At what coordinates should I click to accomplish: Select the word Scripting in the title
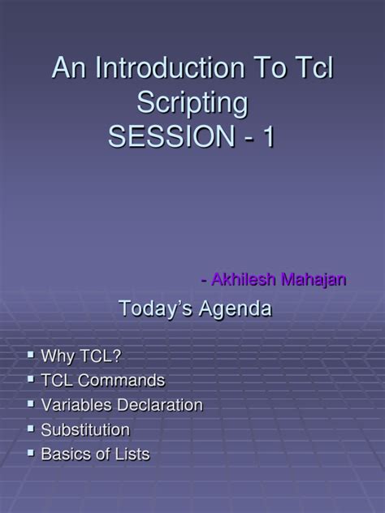coord(192,103)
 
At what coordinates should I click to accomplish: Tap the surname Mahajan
coord(314,280)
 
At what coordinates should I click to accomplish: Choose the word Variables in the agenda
coord(75,404)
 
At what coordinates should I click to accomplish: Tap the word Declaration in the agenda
coord(158,404)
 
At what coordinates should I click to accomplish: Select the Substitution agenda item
coord(84,429)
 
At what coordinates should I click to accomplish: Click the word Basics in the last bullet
coord(66,454)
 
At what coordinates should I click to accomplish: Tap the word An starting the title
coord(67,69)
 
